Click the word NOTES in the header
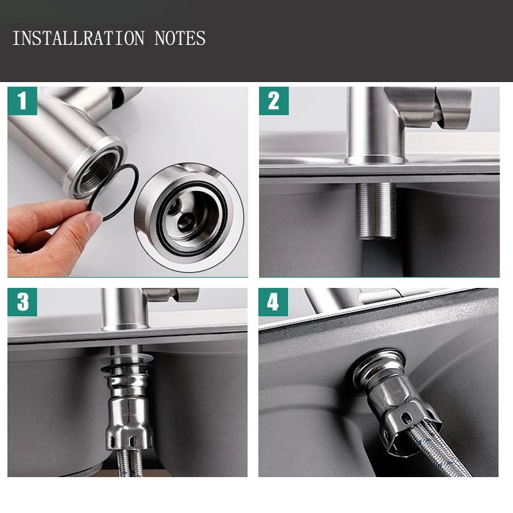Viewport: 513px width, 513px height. [x=180, y=38]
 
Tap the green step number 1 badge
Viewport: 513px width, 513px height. [x=22, y=101]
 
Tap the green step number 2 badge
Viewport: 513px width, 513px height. [x=274, y=101]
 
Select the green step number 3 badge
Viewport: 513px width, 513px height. [x=22, y=302]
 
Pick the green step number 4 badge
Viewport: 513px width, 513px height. [x=274, y=302]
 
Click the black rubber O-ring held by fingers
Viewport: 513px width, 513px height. [x=119, y=192]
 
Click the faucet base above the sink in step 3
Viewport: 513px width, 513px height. [x=125, y=324]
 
